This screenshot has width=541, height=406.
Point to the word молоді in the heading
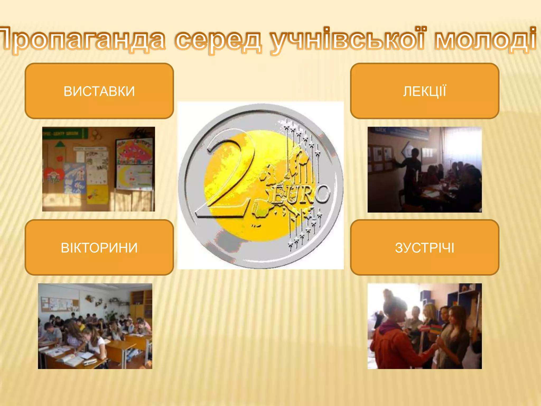pos(485,40)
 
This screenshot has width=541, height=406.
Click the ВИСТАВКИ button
pos(99,91)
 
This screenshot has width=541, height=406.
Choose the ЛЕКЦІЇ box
pos(425,91)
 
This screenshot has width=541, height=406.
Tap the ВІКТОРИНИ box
pos(99,247)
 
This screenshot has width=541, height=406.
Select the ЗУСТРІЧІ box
pos(425,247)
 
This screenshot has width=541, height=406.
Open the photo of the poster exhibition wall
pos(99,169)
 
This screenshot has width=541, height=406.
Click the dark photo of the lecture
pos(425,169)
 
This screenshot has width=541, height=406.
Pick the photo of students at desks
pos(95,326)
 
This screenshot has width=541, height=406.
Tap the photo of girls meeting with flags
pos(425,326)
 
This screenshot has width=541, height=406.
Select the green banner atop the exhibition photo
pos(65,133)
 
